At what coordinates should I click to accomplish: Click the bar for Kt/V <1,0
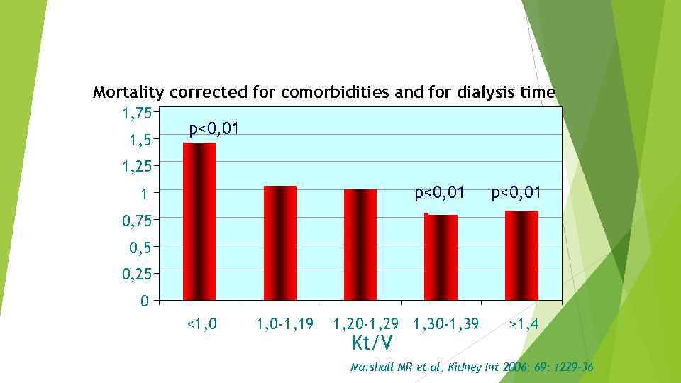point(199,221)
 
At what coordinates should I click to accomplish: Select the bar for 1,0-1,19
point(279,243)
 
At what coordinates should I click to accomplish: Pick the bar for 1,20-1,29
point(360,245)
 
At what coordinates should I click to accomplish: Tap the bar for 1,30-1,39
point(441,257)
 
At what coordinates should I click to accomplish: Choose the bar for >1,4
point(521,255)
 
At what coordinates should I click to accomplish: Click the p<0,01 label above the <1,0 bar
point(214,129)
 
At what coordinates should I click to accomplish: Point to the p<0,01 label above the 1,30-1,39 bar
point(440,192)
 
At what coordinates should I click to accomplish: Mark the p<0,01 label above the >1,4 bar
point(516,192)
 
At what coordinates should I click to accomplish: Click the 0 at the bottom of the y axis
point(144,301)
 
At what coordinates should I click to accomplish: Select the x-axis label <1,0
point(201,324)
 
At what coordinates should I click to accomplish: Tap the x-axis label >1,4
point(524,324)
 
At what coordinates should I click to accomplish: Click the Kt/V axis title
point(372,343)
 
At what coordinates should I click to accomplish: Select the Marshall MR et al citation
point(472,367)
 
